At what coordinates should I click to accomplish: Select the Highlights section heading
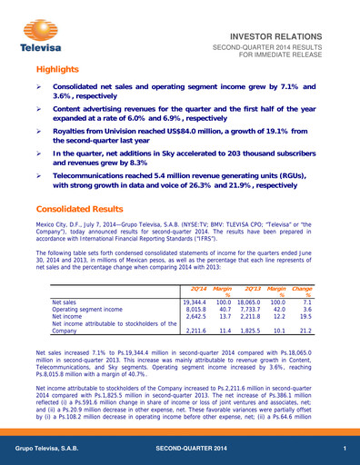pyautogui.click(x=60, y=70)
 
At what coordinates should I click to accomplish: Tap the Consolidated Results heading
pyautogui.click(x=85, y=208)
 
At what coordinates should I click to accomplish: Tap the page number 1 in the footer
pyautogui.click(x=345, y=450)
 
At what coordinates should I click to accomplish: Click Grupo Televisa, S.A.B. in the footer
pyautogui.click(x=53, y=450)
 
